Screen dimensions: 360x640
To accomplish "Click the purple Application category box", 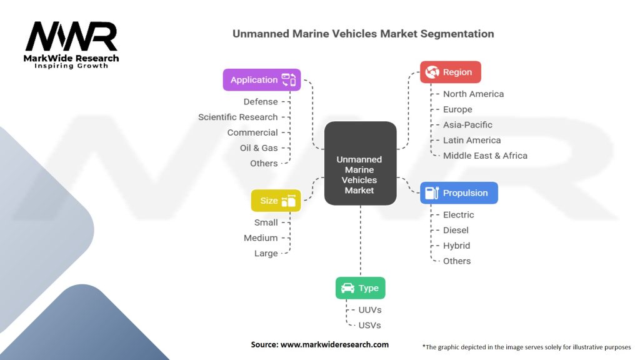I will pyautogui.click(x=262, y=80).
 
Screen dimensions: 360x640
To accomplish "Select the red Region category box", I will pyautogui.click(x=450, y=72).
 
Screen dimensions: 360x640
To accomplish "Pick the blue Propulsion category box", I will pyautogui.click(x=459, y=193).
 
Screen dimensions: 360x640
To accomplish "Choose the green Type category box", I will pyautogui.click(x=361, y=288).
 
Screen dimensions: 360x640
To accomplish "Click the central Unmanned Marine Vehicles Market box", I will pyautogui.click(x=361, y=164).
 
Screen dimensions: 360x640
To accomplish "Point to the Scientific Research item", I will pyautogui.click(x=237, y=117).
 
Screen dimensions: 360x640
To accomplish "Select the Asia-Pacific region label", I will pyautogui.click(x=467, y=125).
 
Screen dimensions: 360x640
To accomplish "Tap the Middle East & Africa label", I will pyautogui.click(x=485, y=156).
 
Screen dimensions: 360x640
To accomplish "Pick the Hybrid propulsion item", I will pyautogui.click(x=456, y=246).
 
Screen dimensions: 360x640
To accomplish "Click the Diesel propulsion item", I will pyautogui.click(x=456, y=230).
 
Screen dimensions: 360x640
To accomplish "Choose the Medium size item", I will pyautogui.click(x=261, y=238).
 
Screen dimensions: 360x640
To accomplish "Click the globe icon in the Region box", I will pyautogui.click(x=432, y=72).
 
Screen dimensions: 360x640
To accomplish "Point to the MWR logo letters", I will pyautogui.click(x=71, y=37).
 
